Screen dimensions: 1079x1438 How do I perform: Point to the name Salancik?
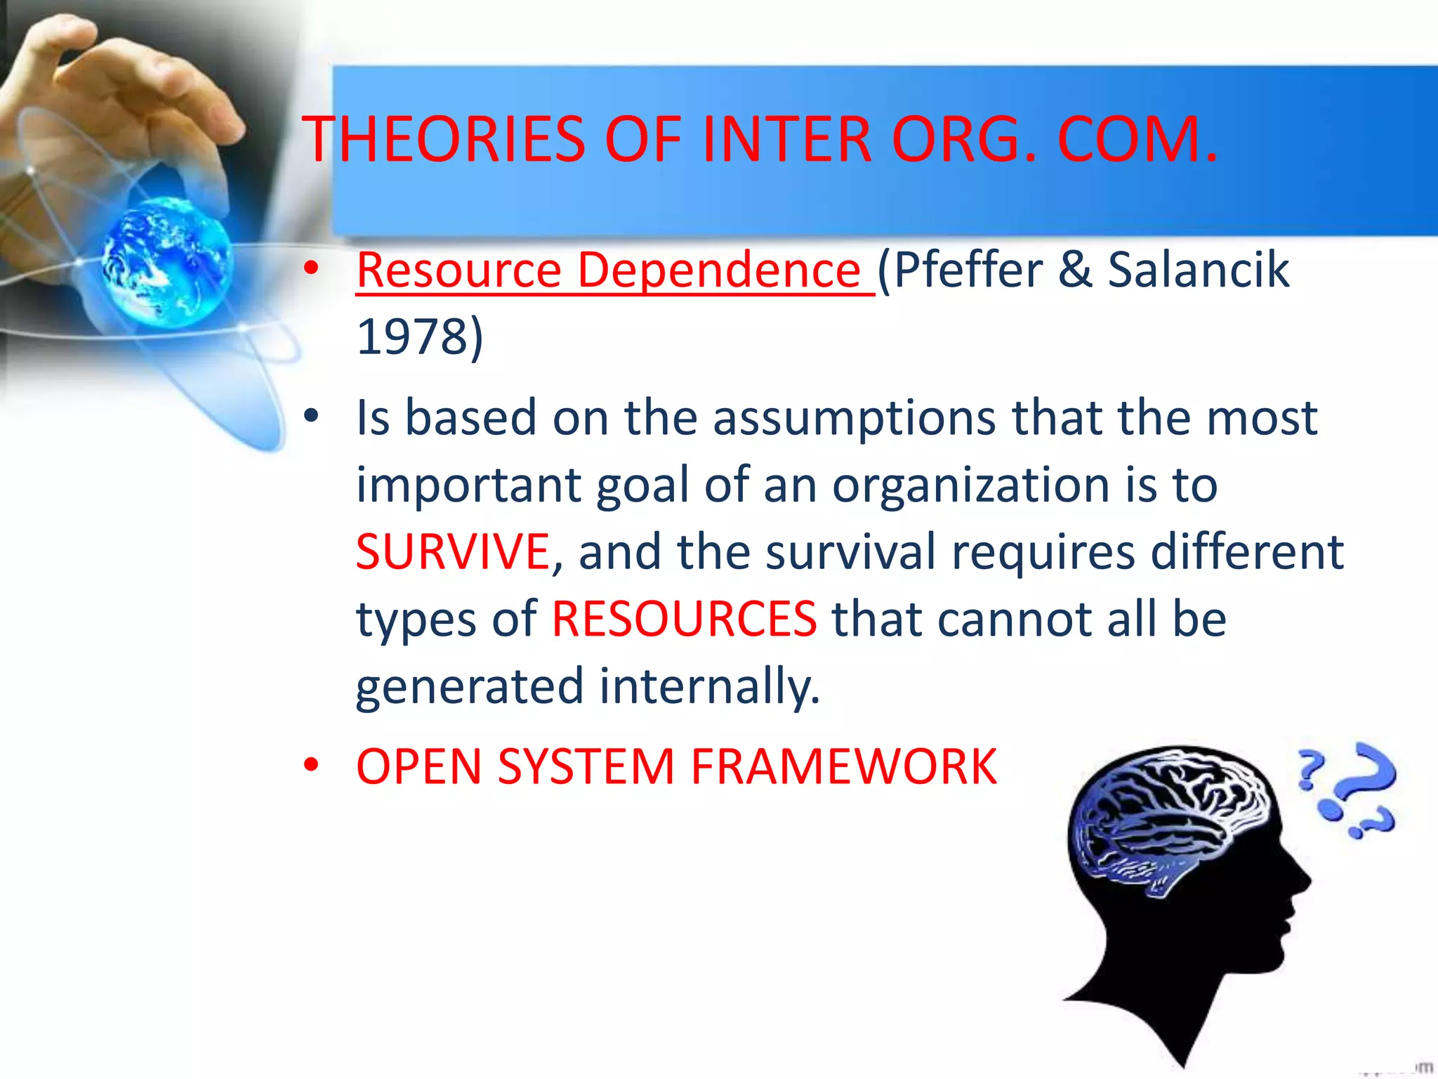pyautogui.click(x=1198, y=270)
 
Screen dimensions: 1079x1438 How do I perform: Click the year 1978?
pyautogui.click(x=412, y=336)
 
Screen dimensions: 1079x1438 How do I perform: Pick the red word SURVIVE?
pyautogui.click(x=452, y=552)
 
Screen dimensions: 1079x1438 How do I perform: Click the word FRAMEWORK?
pyautogui.click(x=843, y=766)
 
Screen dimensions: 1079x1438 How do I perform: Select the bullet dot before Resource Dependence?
pyautogui.click(x=311, y=269)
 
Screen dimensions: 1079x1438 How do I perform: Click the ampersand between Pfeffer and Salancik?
pyautogui.click(x=1074, y=270)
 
